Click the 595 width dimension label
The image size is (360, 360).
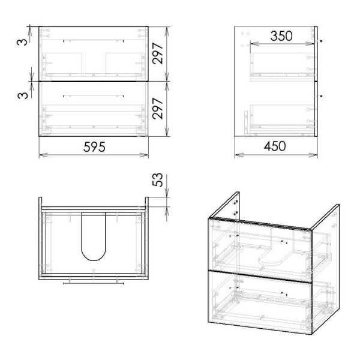(x=94, y=147)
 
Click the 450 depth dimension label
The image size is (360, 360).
(x=275, y=146)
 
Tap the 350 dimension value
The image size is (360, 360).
(x=281, y=36)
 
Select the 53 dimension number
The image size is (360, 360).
(x=157, y=180)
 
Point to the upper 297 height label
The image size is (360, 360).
(x=158, y=53)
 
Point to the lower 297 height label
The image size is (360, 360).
(x=158, y=109)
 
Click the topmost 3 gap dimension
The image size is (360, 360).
(x=22, y=42)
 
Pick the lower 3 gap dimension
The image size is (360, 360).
(x=23, y=95)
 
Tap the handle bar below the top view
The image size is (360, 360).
(x=94, y=284)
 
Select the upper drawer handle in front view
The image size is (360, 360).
(x=94, y=41)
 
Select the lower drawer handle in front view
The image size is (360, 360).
(x=94, y=96)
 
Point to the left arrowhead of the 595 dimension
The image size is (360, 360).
(x=43, y=155)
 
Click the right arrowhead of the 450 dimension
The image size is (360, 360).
(x=313, y=155)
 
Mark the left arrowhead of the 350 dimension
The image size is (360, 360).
(x=254, y=43)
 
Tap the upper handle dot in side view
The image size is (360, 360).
(x=322, y=41)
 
